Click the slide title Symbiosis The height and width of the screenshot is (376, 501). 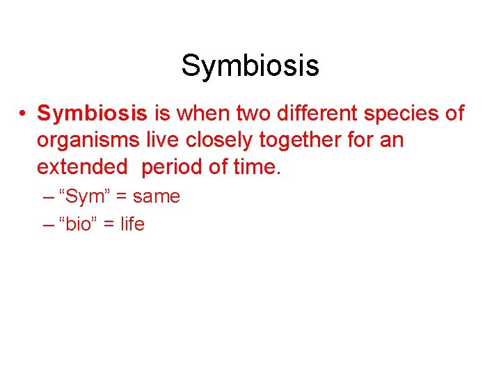coord(250,66)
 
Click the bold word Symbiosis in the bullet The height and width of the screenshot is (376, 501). coord(92,113)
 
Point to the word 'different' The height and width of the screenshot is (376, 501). coord(320,113)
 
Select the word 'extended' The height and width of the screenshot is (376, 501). coord(82,167)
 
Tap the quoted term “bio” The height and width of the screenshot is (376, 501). coord(79,224)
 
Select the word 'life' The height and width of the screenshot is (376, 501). coord(132,224)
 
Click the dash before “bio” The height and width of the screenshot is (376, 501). coord(49,225)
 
